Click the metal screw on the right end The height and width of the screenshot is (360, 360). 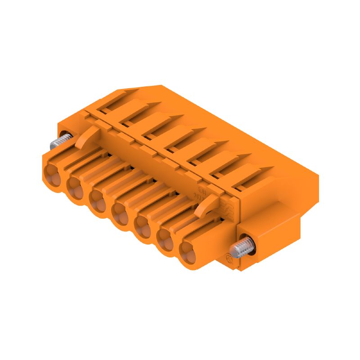click(x=240, y=247)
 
